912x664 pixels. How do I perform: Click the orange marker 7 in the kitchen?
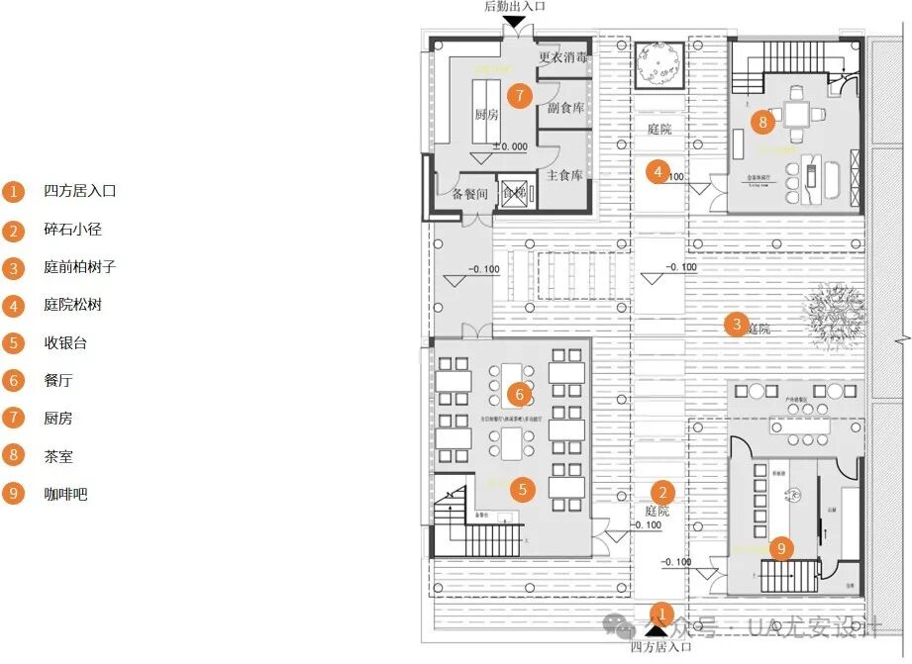[518, 95]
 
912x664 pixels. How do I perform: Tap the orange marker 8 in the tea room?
[760, 123]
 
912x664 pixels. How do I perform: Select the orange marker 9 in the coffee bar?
[781, 547]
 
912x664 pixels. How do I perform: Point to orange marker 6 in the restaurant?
[519, 394]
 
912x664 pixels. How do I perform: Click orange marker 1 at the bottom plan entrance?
[664, 615]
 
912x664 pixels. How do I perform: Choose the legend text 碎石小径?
[72, 230]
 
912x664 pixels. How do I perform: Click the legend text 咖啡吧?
[65, 493]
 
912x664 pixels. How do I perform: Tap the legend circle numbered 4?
[14, 306]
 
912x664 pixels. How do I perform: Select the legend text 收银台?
[65, 343]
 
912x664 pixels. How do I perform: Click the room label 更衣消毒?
[563, 57]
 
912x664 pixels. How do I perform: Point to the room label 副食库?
[565, 108]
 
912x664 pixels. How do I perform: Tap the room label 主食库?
[564, 175]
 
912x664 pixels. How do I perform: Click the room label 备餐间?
[470, 194]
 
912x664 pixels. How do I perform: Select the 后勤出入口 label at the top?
[515, 7]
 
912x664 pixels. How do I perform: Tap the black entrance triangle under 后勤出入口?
[515, 21]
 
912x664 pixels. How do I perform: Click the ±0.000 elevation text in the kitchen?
[510, 146]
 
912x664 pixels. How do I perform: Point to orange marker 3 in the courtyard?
[735, 324]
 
